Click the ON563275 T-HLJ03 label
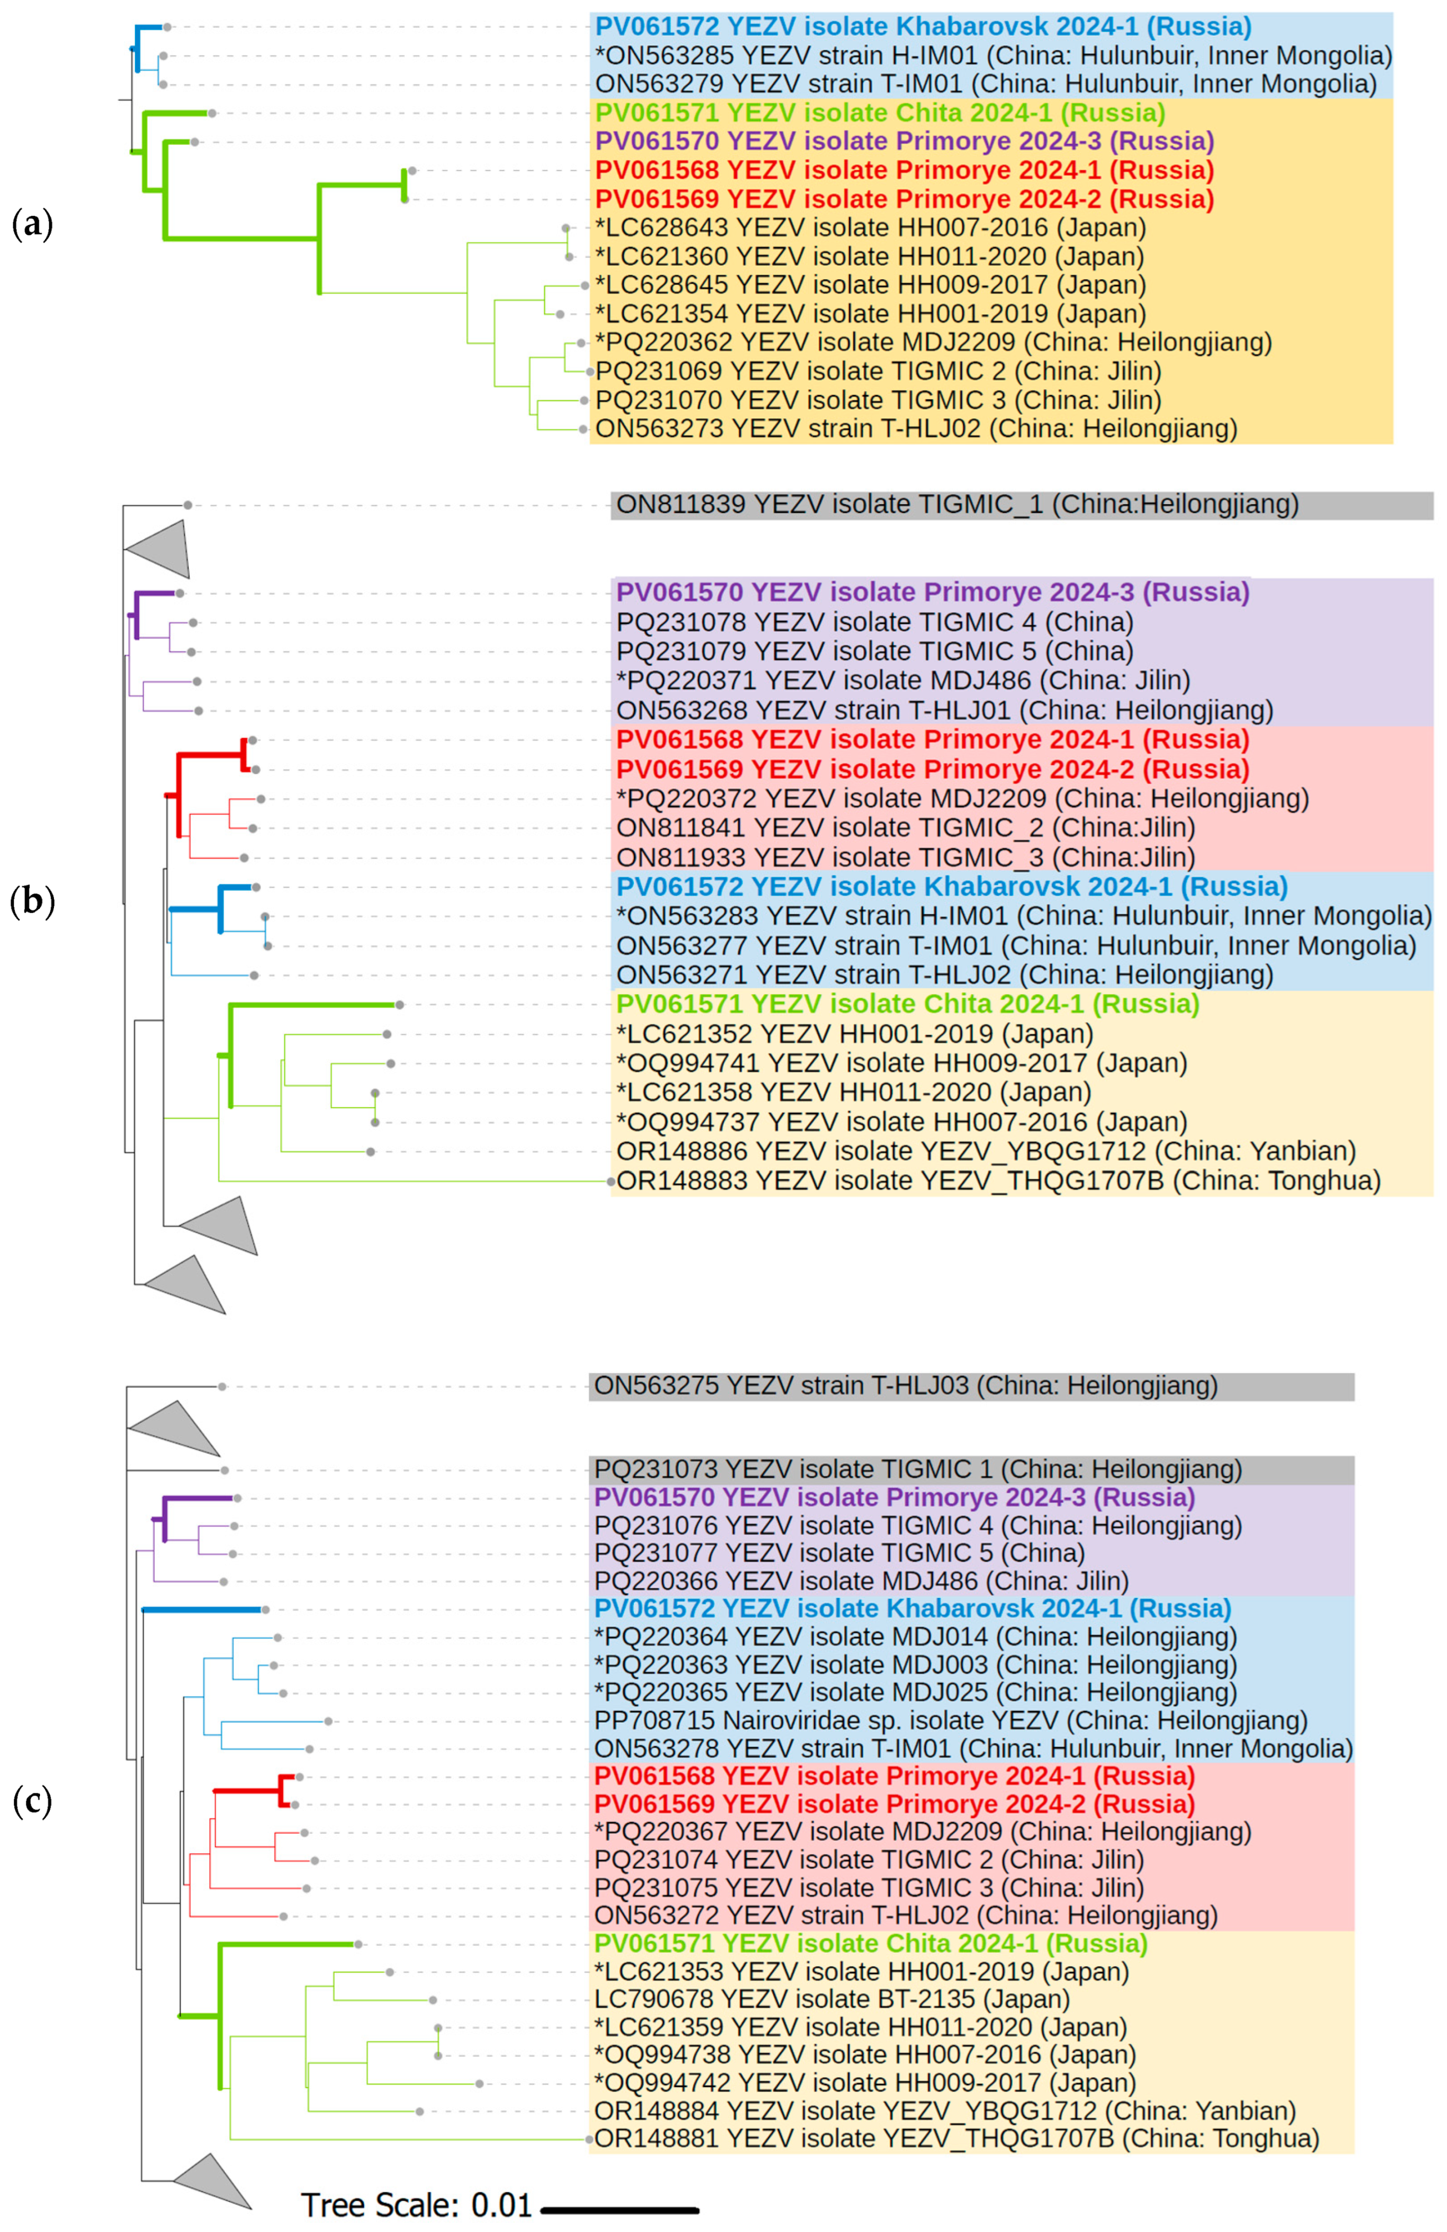(905, 1385)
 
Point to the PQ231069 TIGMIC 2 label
(878, 371)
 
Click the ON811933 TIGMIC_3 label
(905, 857)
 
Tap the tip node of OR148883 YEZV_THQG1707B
(612, 1182)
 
